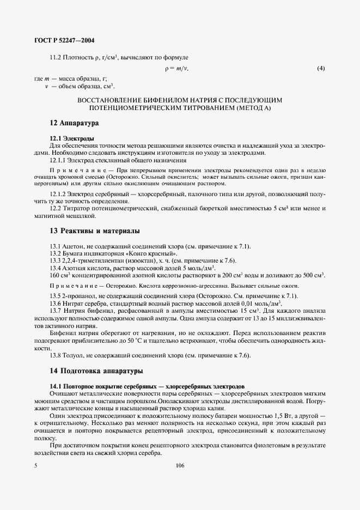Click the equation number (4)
click(321, 69)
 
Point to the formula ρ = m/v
click(176, 69)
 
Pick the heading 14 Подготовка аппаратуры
click(96, 371)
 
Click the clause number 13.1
click(55, 247)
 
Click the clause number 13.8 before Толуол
click(55, 355)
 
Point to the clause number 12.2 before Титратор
click(55, 209)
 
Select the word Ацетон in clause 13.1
click(73, 247)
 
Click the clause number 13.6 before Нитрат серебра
click(55, 302)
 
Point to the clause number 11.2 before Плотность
click(55, 57)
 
